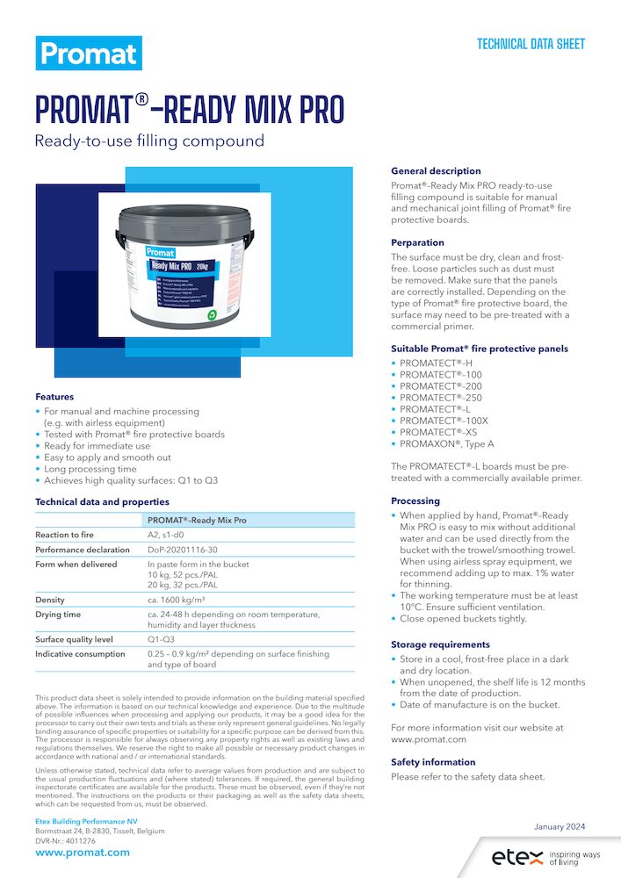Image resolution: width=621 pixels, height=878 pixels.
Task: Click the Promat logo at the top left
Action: [x=89, y=54]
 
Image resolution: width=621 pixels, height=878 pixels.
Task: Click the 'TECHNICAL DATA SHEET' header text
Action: [x=531, y=44]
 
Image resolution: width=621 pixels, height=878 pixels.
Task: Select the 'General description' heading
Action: [x=436, y=171]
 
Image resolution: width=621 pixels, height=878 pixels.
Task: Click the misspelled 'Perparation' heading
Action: [x=417, y=242]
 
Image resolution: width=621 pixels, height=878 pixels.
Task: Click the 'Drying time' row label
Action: [x=58, y=615]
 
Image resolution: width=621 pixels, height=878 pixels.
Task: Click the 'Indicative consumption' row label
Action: [x=80, y=654]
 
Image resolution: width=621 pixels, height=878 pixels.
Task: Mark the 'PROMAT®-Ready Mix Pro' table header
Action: [x=197, y=520]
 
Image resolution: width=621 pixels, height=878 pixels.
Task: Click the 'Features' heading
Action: [x=54, y=397]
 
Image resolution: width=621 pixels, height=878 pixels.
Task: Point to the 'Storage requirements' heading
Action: [x=441, y=644]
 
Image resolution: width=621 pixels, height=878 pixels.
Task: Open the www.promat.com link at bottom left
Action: [x=83, y=853]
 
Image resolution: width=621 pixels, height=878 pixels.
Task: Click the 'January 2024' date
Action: [x=560, y=826]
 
